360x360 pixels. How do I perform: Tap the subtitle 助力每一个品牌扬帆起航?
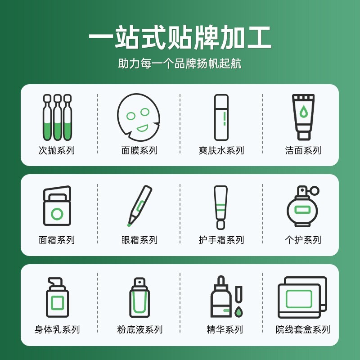(x=180, y=63)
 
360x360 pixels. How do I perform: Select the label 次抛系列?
(x=57, y=150)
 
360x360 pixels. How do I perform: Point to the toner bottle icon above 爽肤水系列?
(x=221, y=117)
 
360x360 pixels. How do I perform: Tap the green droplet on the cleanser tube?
(x=304, y=111)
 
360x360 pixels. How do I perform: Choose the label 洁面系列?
(x=303, y=150)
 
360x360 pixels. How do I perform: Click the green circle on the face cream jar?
(x=57, y=214)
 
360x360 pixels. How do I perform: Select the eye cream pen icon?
(x=139, y=205)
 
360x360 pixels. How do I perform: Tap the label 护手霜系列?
(x=221, y=240)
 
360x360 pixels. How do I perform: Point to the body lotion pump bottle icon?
(x=57, y=297)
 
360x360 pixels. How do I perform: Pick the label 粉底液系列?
(x=139, y=330)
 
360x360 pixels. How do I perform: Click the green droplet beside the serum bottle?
(x=238, y=310)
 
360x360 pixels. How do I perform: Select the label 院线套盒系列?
(x=303, y=330)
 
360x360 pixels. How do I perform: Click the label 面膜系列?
(x=139, y=150)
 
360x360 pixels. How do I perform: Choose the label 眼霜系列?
(x=139, y=240)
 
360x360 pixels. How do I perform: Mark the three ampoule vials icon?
(x=57, y=117)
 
